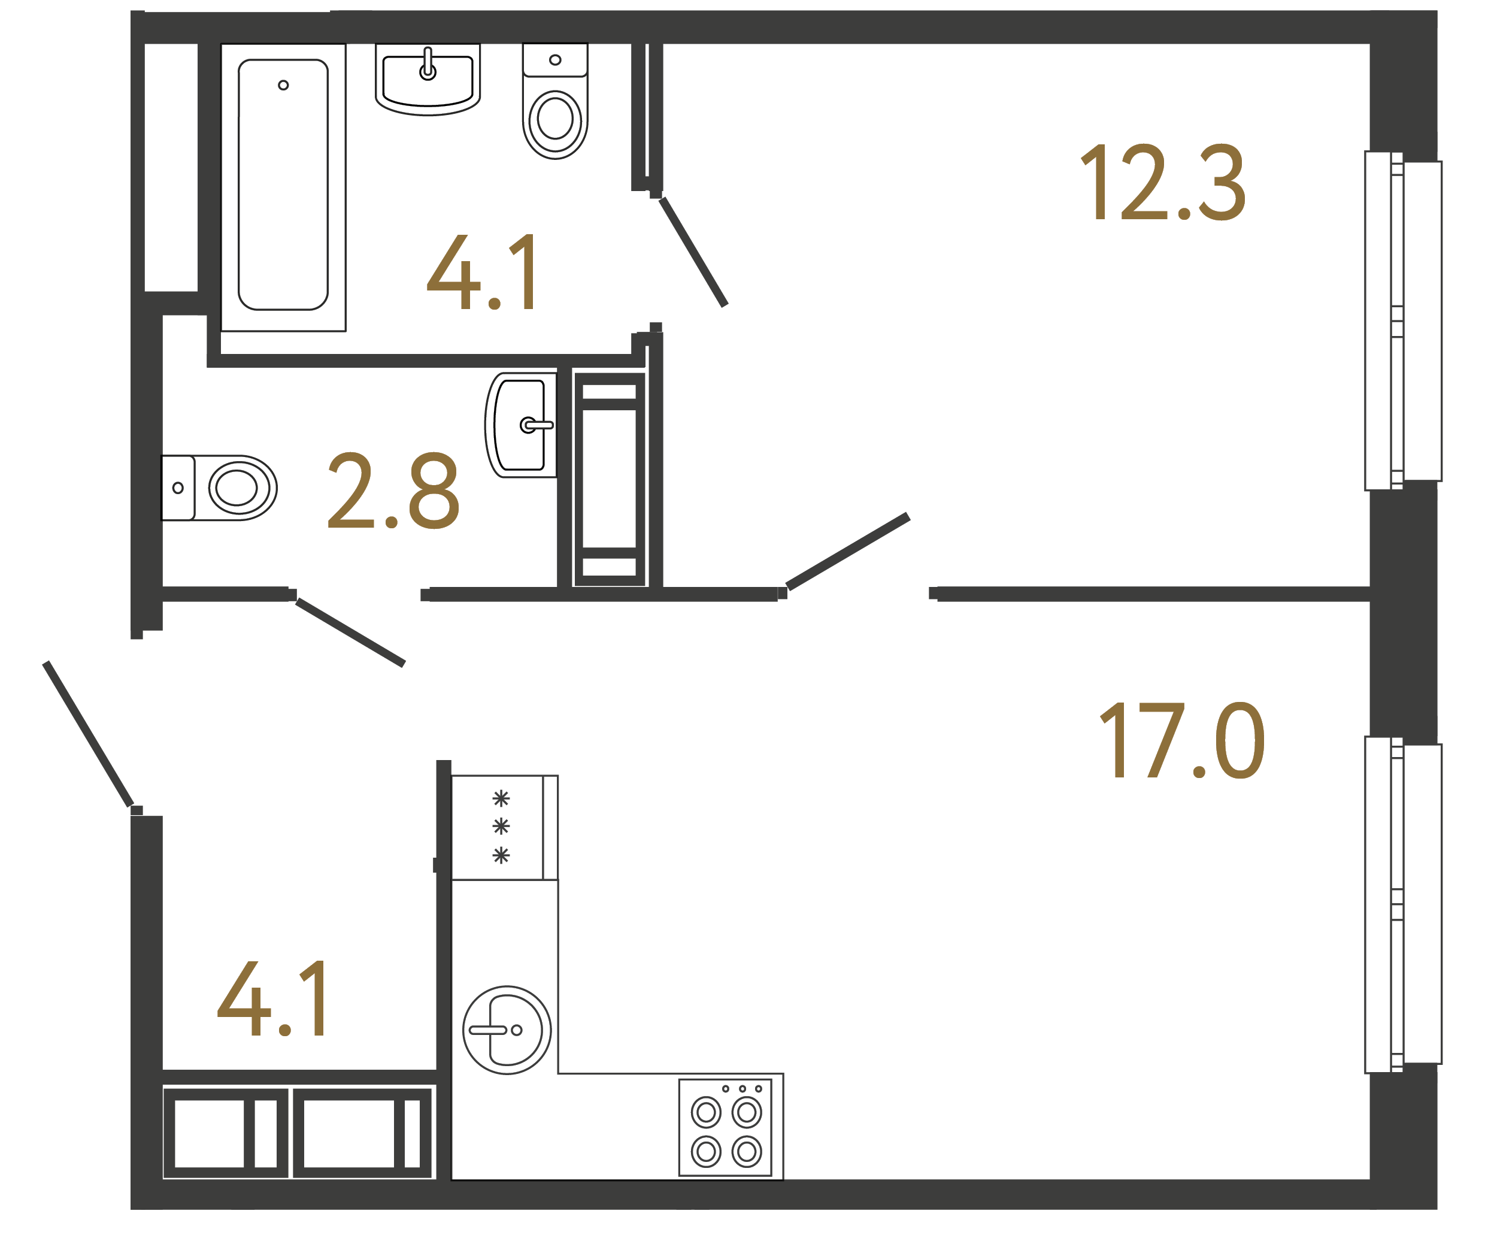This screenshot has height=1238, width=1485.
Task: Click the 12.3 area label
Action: tap(1163, 182)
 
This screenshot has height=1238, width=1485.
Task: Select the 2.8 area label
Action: tap(393, 491)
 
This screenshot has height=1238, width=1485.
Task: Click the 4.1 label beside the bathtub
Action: tap(484, 273)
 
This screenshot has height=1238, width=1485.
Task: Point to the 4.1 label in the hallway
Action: tap(273, 999)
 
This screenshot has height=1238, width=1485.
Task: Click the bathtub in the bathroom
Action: tap(283, 185)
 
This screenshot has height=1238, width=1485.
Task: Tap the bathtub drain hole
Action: tap(283, 85)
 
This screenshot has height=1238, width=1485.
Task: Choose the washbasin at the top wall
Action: tap(427, 78)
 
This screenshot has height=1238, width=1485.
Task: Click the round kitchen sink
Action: tap(507, 1030)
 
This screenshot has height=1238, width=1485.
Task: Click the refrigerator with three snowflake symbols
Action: tap(504, 827)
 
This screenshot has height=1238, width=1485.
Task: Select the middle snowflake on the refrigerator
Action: tap(501, 825)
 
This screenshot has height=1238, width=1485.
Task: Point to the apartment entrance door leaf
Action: tap(89, 734)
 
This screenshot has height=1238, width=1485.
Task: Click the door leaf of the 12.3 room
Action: tap(847, 552)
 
